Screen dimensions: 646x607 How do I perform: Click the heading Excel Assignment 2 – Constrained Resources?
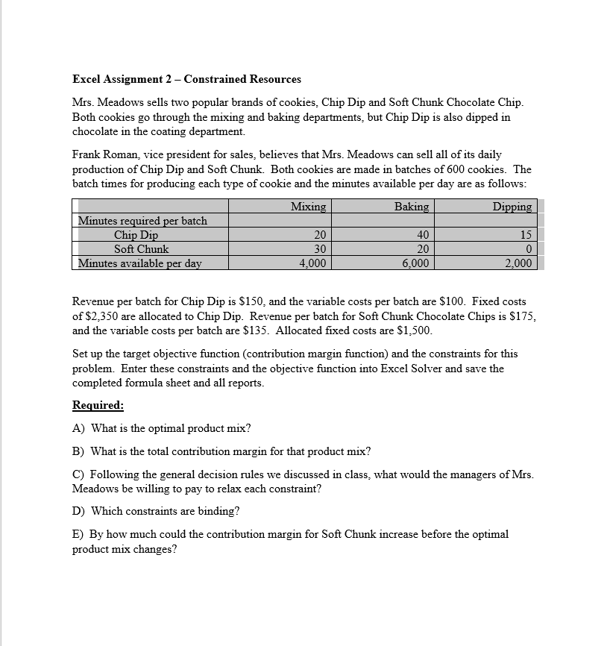coord(186,79)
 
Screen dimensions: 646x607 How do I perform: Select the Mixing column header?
coord(308,207)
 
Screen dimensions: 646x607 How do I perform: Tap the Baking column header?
coord(412,207)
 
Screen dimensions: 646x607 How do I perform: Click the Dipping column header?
coord(512,207)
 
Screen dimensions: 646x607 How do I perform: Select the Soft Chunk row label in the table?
coord(141,249)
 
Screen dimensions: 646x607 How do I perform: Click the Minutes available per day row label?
coord(140,263)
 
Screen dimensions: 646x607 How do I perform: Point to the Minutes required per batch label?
coord(142,221)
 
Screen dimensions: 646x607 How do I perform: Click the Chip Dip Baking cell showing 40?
coord(421,235)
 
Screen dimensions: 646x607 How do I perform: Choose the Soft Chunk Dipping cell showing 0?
coord(528,249)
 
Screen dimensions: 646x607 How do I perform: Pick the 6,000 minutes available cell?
coord(415,263)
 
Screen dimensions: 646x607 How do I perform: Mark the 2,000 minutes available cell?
coord(518,263)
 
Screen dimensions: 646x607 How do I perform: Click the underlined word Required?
coord(98,405)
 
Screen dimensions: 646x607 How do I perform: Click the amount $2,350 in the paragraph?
coord(100,316)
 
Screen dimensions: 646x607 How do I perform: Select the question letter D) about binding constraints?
coord(78,511)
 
